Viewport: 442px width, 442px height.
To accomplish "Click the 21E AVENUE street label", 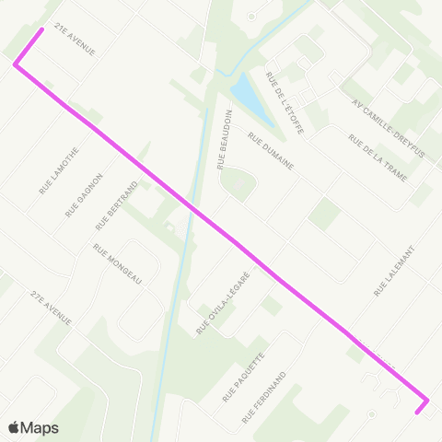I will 76,40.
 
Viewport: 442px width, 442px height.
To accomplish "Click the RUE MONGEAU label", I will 118,264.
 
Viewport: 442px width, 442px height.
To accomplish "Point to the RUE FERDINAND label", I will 265,397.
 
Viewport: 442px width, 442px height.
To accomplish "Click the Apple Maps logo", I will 33,427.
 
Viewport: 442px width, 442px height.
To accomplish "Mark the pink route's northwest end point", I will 41,29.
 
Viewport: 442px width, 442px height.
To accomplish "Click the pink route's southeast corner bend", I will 427,401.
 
